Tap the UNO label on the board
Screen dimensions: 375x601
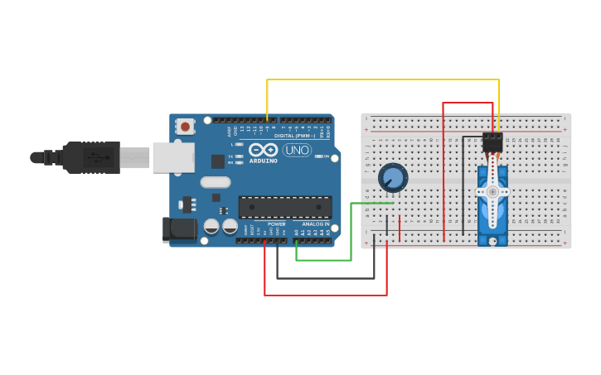(297, 150)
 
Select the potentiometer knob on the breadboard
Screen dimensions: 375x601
(392, 177)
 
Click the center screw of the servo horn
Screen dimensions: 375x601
(492, 191)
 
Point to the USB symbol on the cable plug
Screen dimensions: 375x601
(98, 156)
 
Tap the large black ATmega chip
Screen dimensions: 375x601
(284, 207)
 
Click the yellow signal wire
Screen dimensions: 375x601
(381, 79)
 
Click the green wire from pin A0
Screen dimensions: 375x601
(323, 260)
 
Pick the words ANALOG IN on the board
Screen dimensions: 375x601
(315, 224)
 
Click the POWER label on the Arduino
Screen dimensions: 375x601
(276, 224)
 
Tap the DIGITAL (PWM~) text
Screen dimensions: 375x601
(294, 135)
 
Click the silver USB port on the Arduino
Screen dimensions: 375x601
(172, 157)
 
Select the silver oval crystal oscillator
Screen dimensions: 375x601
(215, 182)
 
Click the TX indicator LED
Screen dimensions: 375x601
(240, 156)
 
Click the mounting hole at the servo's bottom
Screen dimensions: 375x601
(492, 241)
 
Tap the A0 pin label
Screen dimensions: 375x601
(297, 233)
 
